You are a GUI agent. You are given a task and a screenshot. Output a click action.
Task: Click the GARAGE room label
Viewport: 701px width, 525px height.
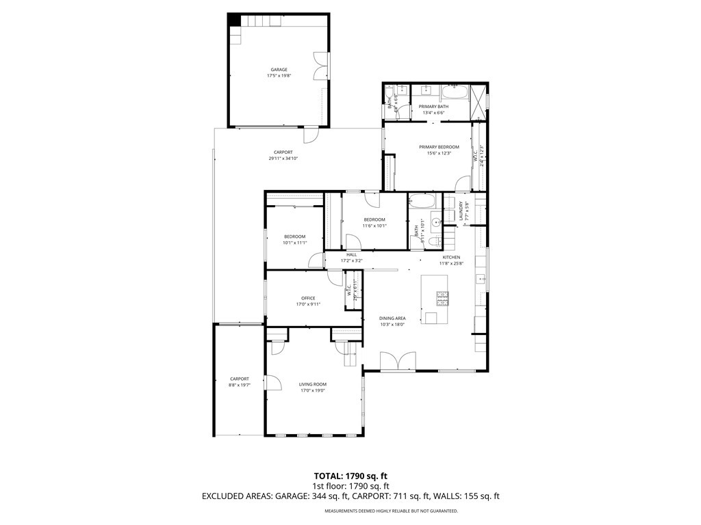click(x=279, y=69)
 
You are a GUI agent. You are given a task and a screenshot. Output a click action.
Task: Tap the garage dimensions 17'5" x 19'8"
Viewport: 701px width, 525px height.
click(x=279, y=76)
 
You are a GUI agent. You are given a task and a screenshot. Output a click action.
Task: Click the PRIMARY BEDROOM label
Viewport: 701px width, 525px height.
click(x=439, y=147)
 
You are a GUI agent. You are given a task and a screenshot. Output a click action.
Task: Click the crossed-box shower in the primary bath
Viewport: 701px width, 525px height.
click(x=479, y=100)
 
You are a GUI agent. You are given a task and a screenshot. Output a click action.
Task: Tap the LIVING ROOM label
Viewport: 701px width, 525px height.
click(x=312, y=384)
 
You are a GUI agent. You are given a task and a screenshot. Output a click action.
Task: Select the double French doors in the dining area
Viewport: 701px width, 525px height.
click(x=398, y=362)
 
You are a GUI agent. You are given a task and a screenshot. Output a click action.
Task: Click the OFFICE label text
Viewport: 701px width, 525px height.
click(x=308, y=298)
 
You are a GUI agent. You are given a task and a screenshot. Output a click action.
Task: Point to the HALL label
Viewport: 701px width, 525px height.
click(x=351, y=254)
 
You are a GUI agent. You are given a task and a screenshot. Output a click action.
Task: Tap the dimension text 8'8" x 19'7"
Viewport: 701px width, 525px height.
click(x=239, y=385)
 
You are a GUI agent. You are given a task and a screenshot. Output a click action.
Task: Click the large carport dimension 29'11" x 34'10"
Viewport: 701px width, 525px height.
click(x=283, y=159)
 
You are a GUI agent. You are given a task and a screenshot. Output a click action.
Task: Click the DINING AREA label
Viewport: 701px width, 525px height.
click(x=393, y=318)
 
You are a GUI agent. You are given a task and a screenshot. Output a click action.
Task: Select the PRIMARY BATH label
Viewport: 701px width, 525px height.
click(x=434, y=107)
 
